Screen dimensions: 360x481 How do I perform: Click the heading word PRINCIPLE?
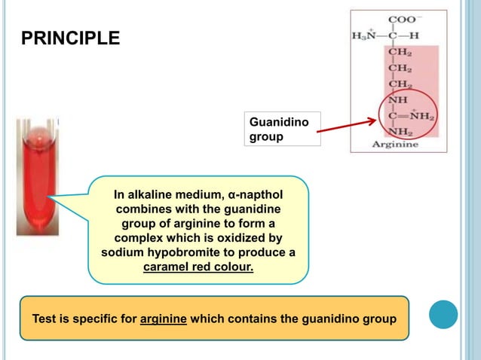click(69, 38)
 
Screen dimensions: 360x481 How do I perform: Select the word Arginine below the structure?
click(399, 145)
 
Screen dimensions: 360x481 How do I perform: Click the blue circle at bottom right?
click(443, 315)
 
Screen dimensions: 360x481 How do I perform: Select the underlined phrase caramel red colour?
click(198, 266)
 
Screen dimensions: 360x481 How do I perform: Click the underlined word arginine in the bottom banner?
click(164, 319)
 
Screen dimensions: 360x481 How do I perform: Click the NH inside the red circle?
click(397, 99)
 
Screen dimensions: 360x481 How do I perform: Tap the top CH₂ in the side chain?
click(399, 52)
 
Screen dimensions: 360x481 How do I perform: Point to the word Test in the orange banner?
click(44, 319)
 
